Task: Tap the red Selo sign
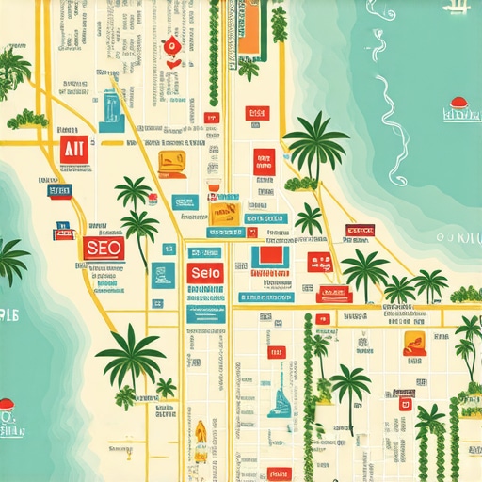click(204, 272)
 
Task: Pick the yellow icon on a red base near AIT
click(171, 163)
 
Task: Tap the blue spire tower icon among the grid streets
click(280, 394)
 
